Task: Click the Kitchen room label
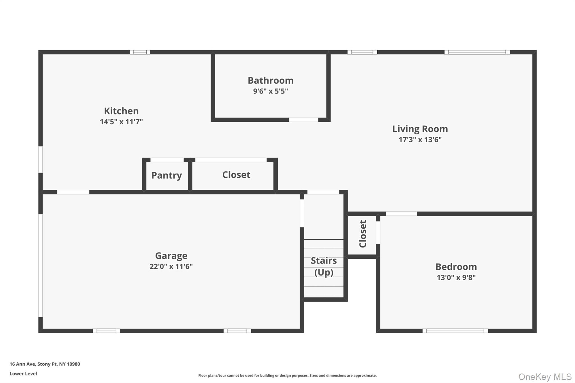121,111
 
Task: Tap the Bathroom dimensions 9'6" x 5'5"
270,91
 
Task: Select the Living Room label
420,129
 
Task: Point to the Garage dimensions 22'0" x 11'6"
171,266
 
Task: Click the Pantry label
166,175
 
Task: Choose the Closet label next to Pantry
236,175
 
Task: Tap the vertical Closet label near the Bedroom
363,234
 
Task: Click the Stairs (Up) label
324,266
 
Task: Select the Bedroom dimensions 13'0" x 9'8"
456,277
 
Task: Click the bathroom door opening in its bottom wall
304,120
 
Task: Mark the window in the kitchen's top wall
140,52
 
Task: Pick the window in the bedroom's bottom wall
455,331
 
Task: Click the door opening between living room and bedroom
401,214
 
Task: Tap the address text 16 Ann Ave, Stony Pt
45,364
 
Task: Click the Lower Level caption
23,373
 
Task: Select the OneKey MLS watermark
545,377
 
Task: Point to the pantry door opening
167,160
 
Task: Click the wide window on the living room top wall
477,52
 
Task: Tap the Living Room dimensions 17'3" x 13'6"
420,140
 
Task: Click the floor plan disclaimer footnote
287,375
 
